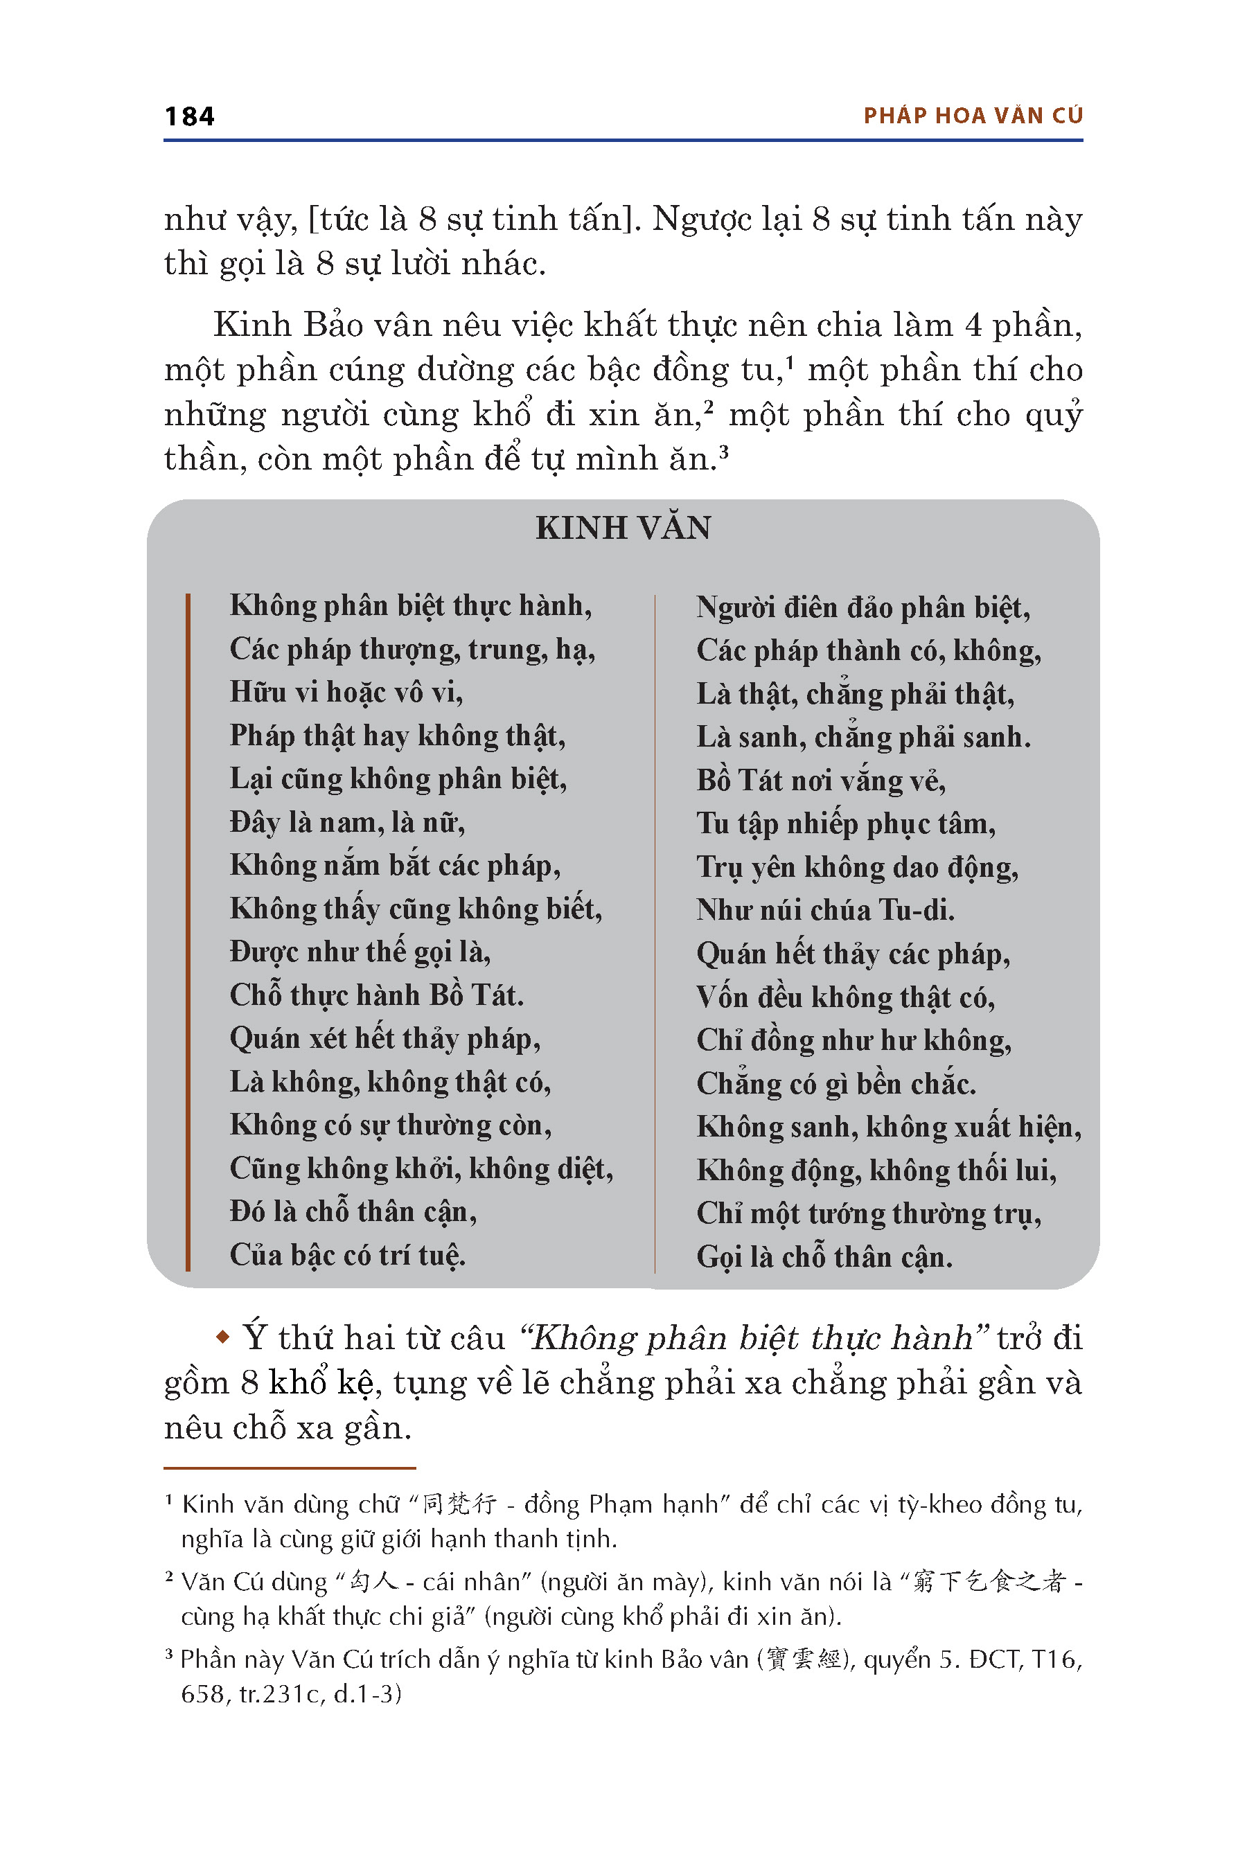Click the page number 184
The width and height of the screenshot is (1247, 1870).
click(189, 116)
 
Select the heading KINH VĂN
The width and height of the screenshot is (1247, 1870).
click(623, 528)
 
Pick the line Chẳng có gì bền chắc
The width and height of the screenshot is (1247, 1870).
click(836, 1084)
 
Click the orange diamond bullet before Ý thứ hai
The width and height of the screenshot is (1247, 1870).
click(222, 1338)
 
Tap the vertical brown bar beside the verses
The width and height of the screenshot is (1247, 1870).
click(188, 930)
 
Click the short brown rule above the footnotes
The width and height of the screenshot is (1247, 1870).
click(290, 1468)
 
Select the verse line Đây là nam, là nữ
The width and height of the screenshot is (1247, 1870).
click(347, 822)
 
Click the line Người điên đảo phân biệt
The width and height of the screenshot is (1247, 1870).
click(863, 607)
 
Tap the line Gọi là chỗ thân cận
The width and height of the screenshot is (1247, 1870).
click(824, 1257)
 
